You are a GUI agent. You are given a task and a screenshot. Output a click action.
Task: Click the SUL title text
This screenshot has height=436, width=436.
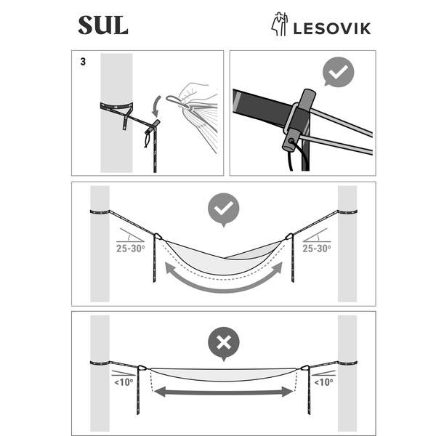click(103, 25)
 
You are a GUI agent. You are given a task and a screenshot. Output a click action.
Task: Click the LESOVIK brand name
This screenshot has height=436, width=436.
click(332, 28)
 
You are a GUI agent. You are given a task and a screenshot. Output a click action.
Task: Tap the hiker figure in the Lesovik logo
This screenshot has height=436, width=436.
click(279, 24)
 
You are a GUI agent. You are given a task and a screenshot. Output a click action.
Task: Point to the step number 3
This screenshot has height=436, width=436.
click(83, 62)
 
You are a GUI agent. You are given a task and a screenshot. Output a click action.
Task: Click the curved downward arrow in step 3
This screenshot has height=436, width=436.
click(156, 106)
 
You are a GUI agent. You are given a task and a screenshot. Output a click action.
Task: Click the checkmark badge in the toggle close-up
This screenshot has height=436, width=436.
click(338, 72)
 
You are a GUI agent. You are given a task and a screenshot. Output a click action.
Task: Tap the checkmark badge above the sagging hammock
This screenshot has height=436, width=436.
click(224, 210)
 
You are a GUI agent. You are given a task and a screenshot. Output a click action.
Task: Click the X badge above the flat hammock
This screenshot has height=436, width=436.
click(224, 344)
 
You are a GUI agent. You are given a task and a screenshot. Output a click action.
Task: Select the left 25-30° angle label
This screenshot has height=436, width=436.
click(130, 249)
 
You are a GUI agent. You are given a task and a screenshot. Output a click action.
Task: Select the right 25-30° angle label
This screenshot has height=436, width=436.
click(317, 249)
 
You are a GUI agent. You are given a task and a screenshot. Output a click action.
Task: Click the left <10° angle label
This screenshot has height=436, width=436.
click(124, 382)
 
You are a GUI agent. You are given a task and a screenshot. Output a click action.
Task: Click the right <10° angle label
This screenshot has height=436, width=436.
click(323, 382)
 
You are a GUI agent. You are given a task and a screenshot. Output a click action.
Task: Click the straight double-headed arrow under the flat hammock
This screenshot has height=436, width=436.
click(224, 392)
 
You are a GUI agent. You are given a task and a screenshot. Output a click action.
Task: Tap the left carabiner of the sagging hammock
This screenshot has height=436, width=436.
click(158, 237)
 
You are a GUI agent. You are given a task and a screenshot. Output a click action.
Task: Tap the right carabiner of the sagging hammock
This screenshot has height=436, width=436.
click(289, 237)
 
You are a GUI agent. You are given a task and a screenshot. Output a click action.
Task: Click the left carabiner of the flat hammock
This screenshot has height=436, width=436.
click(142, 368)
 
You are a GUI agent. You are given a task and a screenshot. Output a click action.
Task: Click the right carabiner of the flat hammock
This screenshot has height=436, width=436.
click(305, 368)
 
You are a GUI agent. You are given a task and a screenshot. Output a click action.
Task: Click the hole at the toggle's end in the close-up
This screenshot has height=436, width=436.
click(291, 141)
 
